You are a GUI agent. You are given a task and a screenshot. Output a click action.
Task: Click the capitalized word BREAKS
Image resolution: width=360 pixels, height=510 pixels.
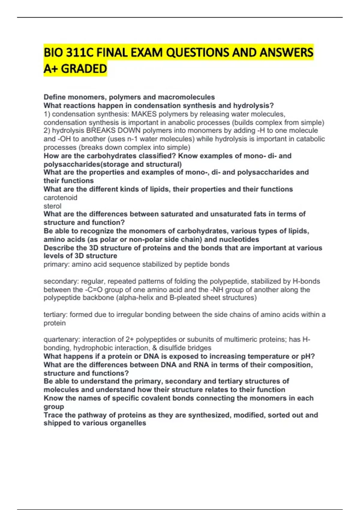[x=99, y=130]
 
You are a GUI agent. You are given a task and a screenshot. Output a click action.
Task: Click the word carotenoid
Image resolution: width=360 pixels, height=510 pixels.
[x=60, y=197]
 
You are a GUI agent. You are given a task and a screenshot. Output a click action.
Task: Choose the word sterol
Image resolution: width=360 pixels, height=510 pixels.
[x=52, y=206]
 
